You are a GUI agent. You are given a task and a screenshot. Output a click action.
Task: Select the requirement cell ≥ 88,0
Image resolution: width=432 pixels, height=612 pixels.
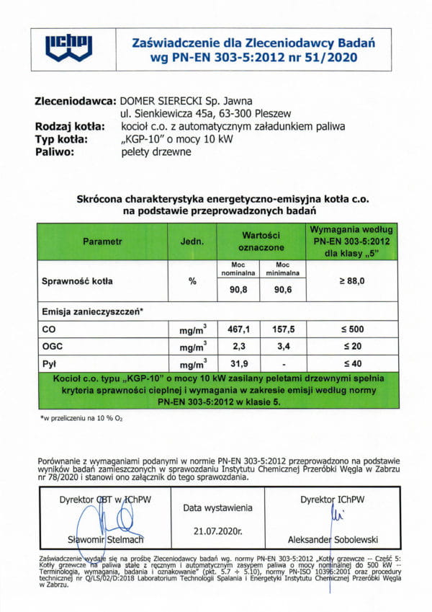(x=351, y=280)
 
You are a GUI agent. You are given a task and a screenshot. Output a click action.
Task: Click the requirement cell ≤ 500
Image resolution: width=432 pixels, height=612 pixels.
(x=351, y=329)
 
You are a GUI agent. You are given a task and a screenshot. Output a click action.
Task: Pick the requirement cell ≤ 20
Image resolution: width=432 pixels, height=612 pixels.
(x=351, y=346)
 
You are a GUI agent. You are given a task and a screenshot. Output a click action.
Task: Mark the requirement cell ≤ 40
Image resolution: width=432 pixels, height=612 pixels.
(x=351, y=363)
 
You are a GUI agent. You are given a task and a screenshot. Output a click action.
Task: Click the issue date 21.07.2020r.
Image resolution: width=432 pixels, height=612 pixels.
(x=218, y=531)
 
